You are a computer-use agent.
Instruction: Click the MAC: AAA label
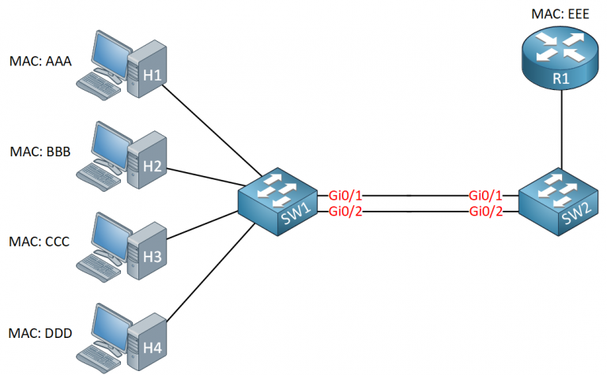[40, 60]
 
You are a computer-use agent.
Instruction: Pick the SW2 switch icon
[559, 202]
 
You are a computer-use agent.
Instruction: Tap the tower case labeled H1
[149, 71]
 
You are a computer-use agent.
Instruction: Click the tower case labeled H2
[149, 162]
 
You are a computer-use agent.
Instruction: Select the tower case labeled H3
[149, 253]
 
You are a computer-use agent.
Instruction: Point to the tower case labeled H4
[149, 343]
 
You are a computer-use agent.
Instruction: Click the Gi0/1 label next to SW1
[345, 195]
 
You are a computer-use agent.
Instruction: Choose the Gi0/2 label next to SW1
[345, 210]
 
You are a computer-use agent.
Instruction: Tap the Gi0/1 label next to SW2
[486, 195]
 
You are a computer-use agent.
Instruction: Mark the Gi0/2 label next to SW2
[486, 210]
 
